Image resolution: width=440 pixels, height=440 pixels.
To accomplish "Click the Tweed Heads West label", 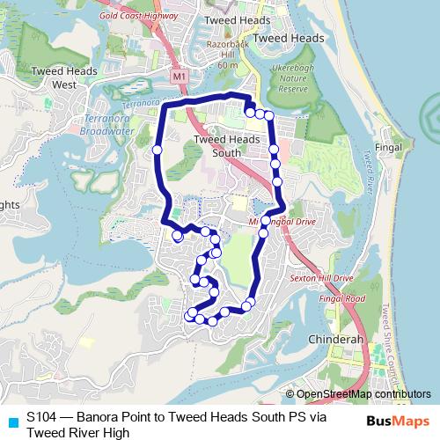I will (x=55, y=78).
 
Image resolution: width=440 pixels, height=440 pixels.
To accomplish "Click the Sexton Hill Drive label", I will (x=320, y=278).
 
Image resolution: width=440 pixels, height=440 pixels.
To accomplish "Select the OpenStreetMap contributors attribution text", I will (x=362, y=394).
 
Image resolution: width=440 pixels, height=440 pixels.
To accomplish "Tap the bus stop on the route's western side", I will (x=158, y=150).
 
